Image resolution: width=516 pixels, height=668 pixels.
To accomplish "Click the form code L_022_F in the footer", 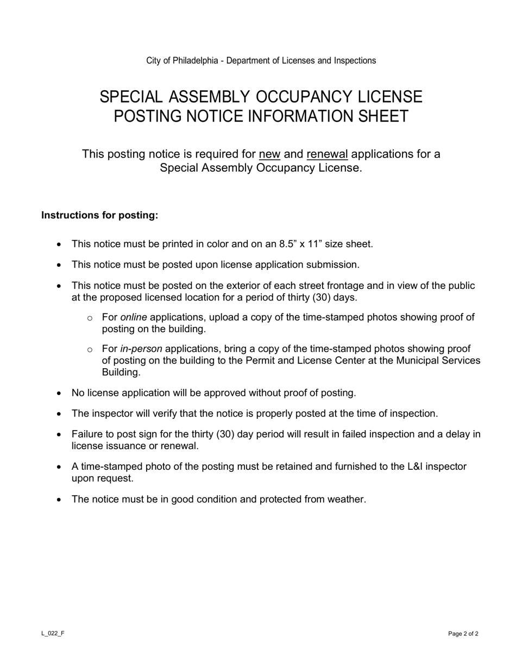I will click(53, 633).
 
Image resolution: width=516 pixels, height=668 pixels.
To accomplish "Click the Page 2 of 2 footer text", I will click(463, 633).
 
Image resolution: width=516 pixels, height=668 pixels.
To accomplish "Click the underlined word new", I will click(269, 154).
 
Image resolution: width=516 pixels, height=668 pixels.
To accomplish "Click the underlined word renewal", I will click(327, 154).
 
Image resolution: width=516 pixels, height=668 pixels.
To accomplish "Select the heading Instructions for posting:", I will click(100, 215).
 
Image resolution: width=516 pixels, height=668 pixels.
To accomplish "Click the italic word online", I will click(134, 317).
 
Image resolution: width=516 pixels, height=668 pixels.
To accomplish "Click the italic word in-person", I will click(141, 349).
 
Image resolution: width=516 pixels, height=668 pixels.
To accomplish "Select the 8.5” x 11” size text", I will click(313, 244).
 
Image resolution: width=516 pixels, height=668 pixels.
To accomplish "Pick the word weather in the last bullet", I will click(346, 499).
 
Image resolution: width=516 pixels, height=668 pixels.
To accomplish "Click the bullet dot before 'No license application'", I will click(59, 393).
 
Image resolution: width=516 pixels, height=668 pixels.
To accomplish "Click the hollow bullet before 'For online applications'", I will click(90, 318).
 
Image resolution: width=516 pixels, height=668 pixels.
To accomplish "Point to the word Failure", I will click(89, 434).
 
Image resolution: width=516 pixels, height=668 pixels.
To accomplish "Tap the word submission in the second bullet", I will click(333, 264).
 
